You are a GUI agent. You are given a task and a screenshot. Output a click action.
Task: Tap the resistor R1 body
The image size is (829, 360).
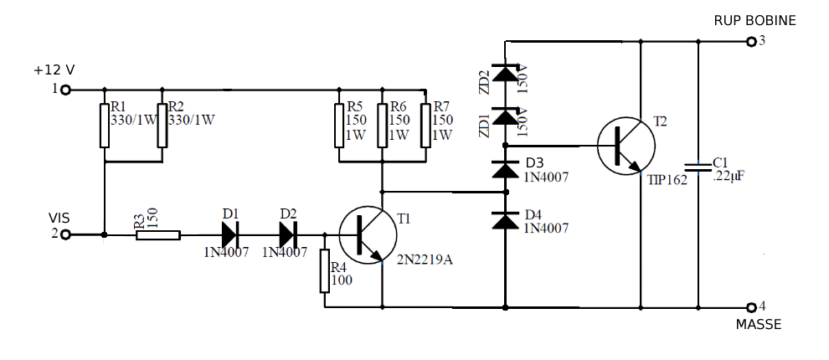pyautogui.click(x=105, y=125)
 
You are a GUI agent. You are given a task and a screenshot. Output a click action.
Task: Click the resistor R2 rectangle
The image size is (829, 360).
pyautogui.click(x=162, y=125)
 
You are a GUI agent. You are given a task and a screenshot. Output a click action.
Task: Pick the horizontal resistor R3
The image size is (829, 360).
pyautogui.click(x=158, y=235)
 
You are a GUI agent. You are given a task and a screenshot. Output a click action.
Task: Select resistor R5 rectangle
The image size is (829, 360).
pyautogui.click(x=339, y=125)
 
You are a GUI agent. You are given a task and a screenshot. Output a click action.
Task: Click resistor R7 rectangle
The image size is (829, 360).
pyautogui.click(x=425, y=125)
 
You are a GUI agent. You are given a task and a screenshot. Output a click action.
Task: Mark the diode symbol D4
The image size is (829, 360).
pyautogui.click(x=505, y=220)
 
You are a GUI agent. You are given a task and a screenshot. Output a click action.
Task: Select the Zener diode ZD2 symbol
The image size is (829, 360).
pyautogui.click(x=505, y=74)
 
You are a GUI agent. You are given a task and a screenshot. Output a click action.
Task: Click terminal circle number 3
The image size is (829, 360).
pyautogui.click(x=750, y=41)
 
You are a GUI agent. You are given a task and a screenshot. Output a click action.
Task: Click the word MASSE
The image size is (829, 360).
pyautogui.click(x=759, y=324)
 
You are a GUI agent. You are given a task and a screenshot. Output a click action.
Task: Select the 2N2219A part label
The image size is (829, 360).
pyautogui.click(x=425, y=260)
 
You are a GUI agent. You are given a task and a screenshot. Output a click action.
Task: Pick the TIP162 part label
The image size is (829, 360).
pyautogui.click(x=667, y=178)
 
